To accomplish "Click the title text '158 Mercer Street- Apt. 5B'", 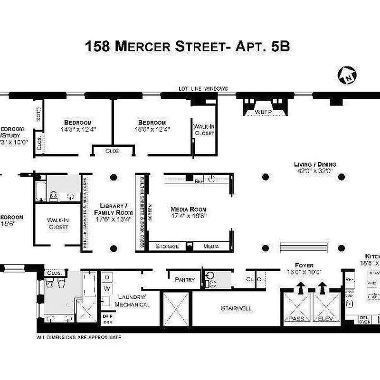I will pyautogui.click(x=188, y=47).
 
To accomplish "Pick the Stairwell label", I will pyautogui.click(x=236, y=308).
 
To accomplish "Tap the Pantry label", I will pyautogui.click(x=185, y=280).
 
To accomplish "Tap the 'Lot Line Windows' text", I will pyautogui.click(x=203, y=89).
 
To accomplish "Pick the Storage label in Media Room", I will pyautogui.click(x=167, y=247).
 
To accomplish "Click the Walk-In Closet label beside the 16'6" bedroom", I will pyautogui.click(x=204, y=130).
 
